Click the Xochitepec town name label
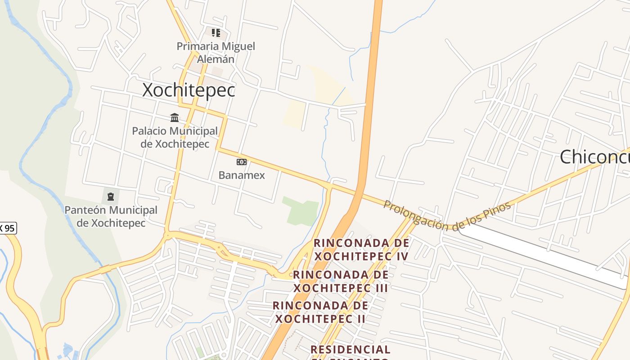(189, 90)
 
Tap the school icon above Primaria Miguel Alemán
(216, 32)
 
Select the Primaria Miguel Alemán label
(216, 52)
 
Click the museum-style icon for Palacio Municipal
(175, 117)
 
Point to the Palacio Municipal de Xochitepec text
(175, 137)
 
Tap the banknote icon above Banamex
(242, 162)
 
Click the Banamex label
(242, 175)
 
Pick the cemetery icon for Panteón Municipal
(111, 196)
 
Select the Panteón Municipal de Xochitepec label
(111, 216)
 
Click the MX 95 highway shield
(8, 228)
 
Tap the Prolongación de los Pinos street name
(447, 216)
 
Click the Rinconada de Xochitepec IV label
(361, 249)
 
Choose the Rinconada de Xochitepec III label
(341, 281)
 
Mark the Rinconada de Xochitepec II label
(320, 312)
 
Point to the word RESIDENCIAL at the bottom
(350, 349)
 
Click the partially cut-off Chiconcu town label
(594, 157)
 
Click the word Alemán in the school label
(216, 59)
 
